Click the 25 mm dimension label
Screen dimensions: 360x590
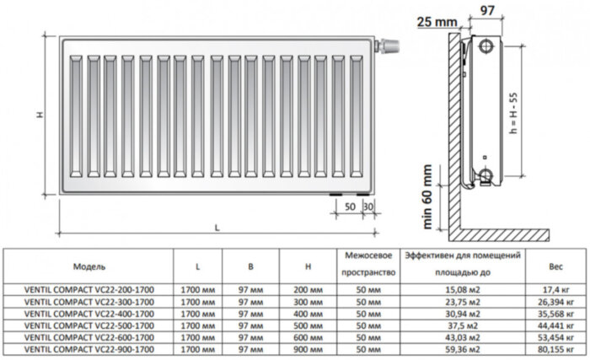438,20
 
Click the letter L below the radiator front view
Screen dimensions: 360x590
217,227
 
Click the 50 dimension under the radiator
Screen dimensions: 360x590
350,207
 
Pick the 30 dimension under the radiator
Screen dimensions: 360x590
367,207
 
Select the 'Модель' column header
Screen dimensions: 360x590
88,266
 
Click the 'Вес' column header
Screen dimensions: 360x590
555,266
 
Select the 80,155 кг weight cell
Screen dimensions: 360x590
555,347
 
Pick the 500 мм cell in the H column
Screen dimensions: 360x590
310,324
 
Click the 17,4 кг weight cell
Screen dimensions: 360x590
555,289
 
